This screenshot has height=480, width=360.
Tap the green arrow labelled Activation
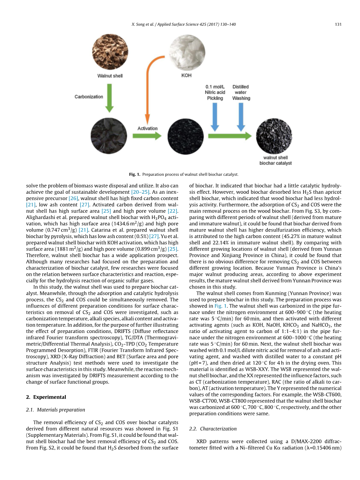click(x=147, y=136)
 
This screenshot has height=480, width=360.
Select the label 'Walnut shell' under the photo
click(x=110, y=75)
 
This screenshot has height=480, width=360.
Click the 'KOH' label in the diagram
click(x=186, y=75)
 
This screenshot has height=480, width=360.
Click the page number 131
click(x=338, y=25)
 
